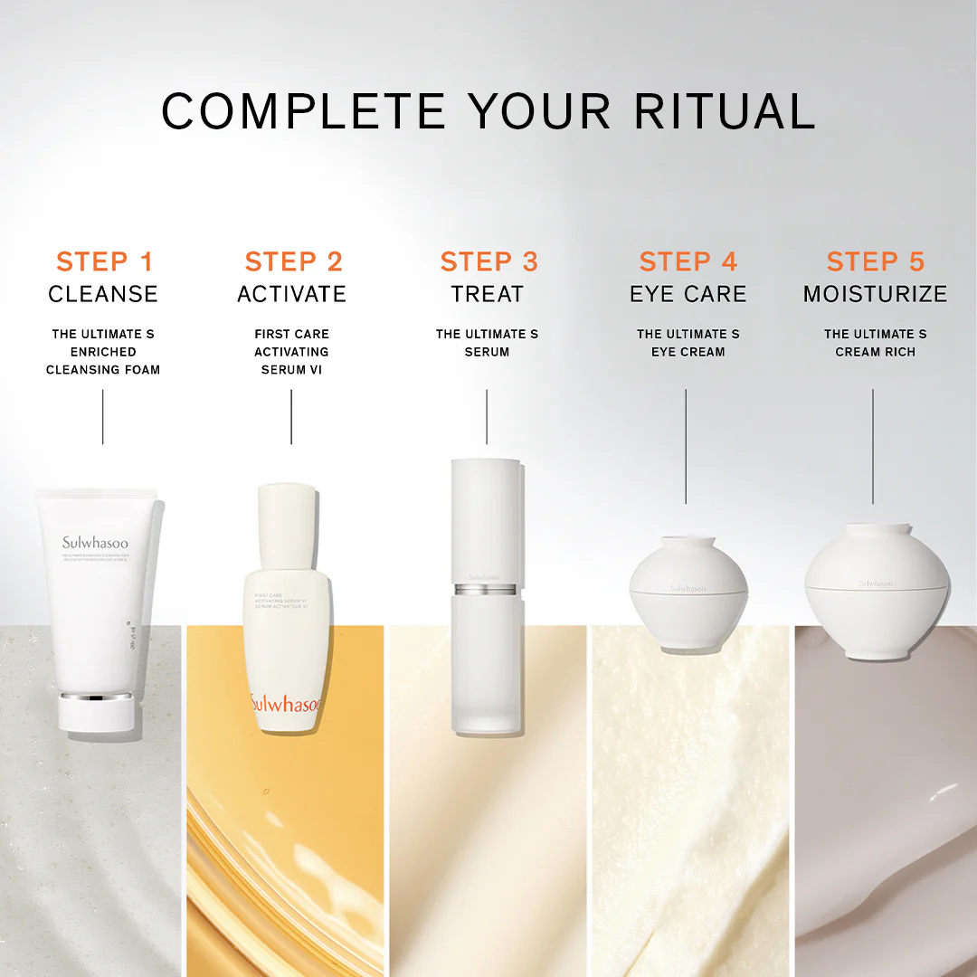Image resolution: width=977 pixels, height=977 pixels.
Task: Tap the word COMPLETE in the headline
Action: pyautogui.click(x=303, y=111)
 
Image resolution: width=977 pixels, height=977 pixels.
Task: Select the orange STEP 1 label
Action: pyautogui.click(x=104, y=262)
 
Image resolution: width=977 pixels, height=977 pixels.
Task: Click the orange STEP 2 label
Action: pyautogui.click(x=293, y=262)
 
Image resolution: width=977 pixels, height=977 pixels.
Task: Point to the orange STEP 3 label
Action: pyautogui.click(x=488, y=262)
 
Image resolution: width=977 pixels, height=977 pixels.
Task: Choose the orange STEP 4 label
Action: pyautogui.click(x=688, y=262)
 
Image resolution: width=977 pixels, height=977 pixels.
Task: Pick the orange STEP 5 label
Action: pyautogui.click(x=875, y=262)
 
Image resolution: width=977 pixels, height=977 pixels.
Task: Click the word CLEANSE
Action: pyautogui.click(x=103, y=294)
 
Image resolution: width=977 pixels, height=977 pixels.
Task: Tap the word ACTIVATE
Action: pyautogui.click(x=291, y=294)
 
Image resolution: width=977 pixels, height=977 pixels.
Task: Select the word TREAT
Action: pyautogui.click(x=488, y=294)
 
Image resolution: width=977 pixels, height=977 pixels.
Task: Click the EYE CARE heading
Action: pyautogui.click(x=688, y=294)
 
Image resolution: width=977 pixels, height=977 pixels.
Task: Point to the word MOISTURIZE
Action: pyautogui.click(x=875, y=294)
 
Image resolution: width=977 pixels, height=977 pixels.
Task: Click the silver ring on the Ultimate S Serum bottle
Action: pyautogui.click(x=487, y=590)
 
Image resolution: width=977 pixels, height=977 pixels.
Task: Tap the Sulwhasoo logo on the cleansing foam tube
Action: pyautogui.click(x=95, y=543)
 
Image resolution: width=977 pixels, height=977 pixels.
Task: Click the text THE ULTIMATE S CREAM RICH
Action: pyautogui.click(x=875, y=343)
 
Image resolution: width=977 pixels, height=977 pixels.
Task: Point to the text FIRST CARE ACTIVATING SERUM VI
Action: pyautogui.click(x=291, y=352)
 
